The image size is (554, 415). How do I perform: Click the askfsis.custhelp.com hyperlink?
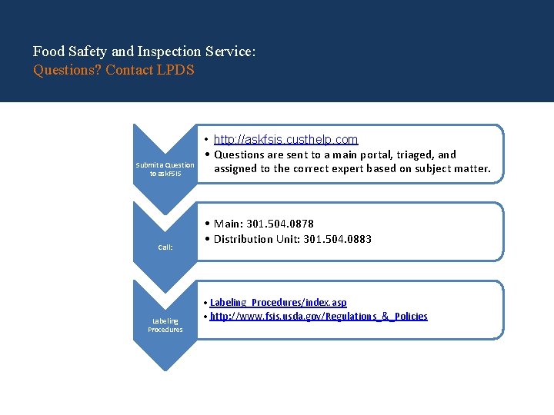point(285,139)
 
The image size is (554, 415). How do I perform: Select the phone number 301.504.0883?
point(338,239)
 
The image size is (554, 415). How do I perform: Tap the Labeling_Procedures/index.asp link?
point(278,303)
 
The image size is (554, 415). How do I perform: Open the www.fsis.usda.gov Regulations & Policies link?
point(319,316)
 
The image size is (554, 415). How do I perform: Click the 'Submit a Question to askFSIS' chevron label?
point(165,169)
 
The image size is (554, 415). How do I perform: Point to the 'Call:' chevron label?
point(165,247)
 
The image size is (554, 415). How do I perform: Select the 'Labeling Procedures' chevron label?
point(165,325)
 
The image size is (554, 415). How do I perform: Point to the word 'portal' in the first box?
point(372,154)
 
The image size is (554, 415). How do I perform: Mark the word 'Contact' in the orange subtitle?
point(128,70)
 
